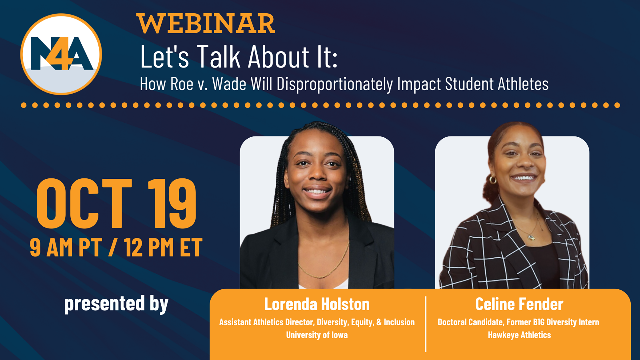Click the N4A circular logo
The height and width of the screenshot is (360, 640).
pos(61,54)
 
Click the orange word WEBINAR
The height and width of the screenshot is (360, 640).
pos(206,24)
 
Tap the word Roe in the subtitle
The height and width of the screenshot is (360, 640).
pos(182,84)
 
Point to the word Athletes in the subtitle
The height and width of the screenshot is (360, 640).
pos(523,84)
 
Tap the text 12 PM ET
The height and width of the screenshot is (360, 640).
pos(163,248)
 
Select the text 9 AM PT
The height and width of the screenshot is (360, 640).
pos(66,248)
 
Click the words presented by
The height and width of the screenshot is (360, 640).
pos(116,304)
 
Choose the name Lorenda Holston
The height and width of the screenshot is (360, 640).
pos(317,304)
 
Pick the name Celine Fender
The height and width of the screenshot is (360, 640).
pos(519,304)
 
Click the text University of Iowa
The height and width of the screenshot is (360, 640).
pos(317,335)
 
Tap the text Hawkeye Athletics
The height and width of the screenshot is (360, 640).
pos(519,335)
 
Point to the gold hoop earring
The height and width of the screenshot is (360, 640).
pos(493,180)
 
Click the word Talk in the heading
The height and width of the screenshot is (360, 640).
pos(218,57)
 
